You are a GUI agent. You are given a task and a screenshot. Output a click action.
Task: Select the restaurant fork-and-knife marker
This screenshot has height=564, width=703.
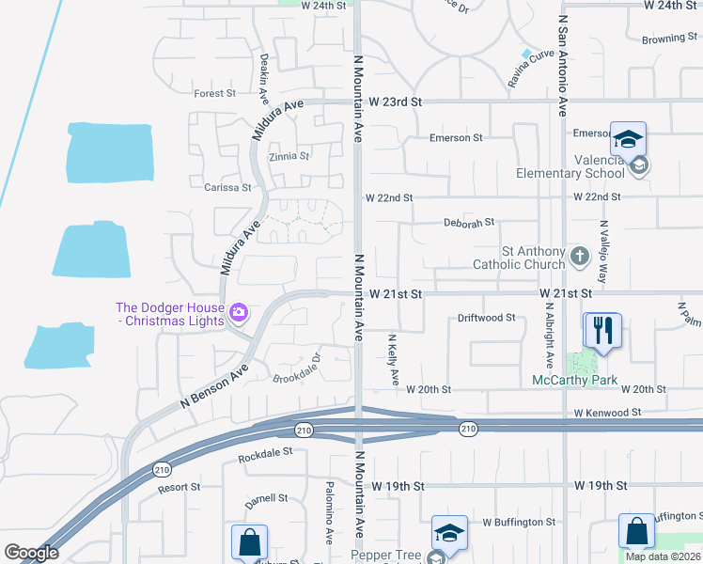[602, 330]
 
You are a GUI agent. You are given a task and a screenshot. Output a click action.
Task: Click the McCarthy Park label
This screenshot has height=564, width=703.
[574, 380]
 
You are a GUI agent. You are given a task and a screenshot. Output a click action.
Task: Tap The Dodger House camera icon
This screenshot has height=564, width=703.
[240, 310]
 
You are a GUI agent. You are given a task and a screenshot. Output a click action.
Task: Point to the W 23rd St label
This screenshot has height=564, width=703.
[397, 102]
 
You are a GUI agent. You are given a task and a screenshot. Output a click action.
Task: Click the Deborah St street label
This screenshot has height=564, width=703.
[469, 223]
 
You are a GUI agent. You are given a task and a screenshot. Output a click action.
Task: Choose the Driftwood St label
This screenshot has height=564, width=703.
[486, 318]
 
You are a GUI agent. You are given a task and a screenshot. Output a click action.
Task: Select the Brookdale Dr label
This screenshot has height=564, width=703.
[297, 369]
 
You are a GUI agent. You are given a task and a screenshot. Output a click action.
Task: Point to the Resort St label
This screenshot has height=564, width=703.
[179, 487]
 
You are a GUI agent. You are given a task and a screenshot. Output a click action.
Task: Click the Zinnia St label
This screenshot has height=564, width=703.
[289, 156]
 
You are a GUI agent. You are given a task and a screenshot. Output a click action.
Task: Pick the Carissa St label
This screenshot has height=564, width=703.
[227, 187]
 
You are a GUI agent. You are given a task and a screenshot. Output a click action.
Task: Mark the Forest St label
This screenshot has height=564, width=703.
[214, 93]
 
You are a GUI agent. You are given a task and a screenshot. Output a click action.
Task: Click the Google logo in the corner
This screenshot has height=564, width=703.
[31, 552]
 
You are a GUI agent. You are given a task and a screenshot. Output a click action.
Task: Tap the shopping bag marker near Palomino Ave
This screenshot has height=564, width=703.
[249, 542]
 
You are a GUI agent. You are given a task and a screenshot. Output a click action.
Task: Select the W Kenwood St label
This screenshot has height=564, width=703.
[608, 412]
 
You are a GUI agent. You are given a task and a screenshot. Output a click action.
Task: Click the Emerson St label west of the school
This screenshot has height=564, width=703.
[455, 137]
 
